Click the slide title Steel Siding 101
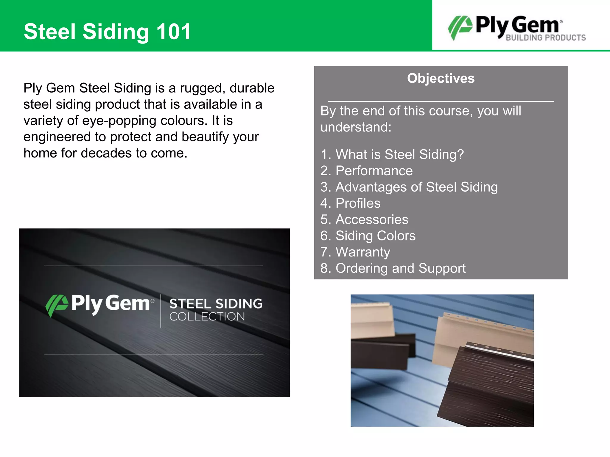click(107, 32)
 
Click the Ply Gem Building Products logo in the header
click(517, 27)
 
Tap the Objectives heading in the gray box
click(441, 78)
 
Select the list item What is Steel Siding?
click(392, 154)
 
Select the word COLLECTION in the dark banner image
click(207, 317)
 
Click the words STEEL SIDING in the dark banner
click(216, 304)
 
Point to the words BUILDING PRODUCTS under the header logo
click(546, 38)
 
